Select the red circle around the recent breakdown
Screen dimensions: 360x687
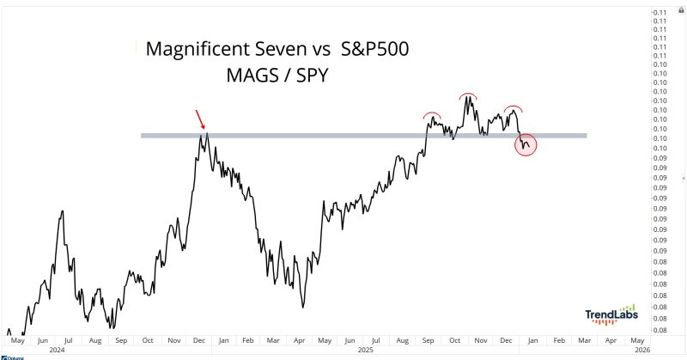526,143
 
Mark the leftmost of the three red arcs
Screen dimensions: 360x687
432,114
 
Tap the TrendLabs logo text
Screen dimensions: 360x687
611,317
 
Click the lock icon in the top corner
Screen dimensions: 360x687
680,4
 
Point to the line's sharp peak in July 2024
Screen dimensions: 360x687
62,211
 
